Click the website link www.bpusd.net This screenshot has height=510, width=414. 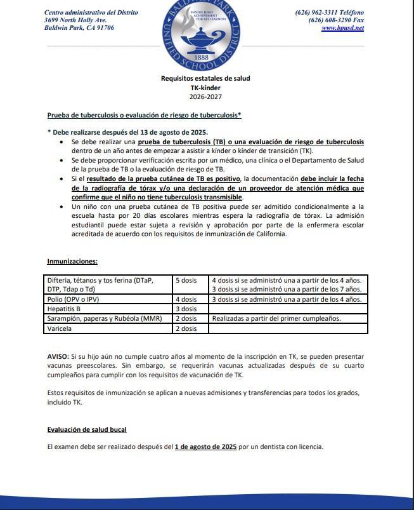tap(342, 28)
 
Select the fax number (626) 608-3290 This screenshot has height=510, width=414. tap(328, 20)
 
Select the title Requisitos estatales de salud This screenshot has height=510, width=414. tap(205, 78)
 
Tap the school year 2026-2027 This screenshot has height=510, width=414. tap(205, 97)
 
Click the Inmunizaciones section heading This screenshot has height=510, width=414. tap(72, 261)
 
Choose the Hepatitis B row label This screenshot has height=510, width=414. tap(65, 309)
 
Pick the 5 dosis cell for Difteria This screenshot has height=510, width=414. tap(186, 279)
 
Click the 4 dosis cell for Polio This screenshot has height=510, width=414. tap(186, 299)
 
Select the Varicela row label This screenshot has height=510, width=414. tap(60, 328)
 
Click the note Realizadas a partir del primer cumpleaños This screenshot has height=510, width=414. tap(276, 318)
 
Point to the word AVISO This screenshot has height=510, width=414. tap(59, 358)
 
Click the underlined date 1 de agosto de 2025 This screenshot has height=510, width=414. tap(205, 446)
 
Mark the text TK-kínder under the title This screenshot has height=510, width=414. tap(205, 88)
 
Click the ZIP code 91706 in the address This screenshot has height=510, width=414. tap(104, 28)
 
